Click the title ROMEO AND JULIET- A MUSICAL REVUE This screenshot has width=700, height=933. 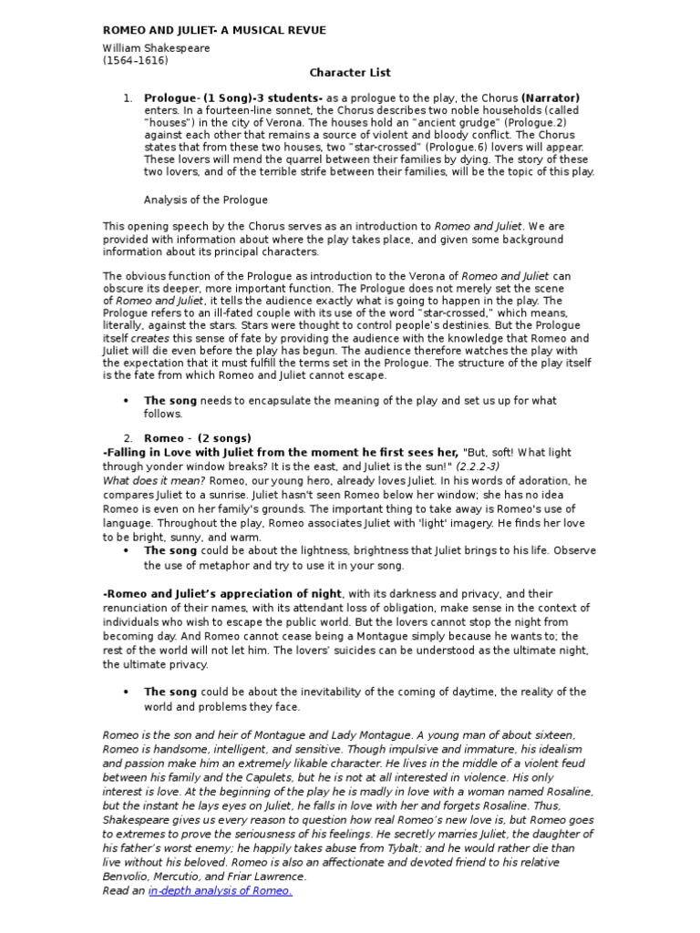(214, 30)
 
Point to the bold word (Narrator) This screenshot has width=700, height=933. (551, 97)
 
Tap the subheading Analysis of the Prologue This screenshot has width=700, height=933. (206, 200)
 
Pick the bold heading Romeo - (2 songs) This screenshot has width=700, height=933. (198, 438)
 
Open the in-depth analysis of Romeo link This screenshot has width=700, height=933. (220, 890)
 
